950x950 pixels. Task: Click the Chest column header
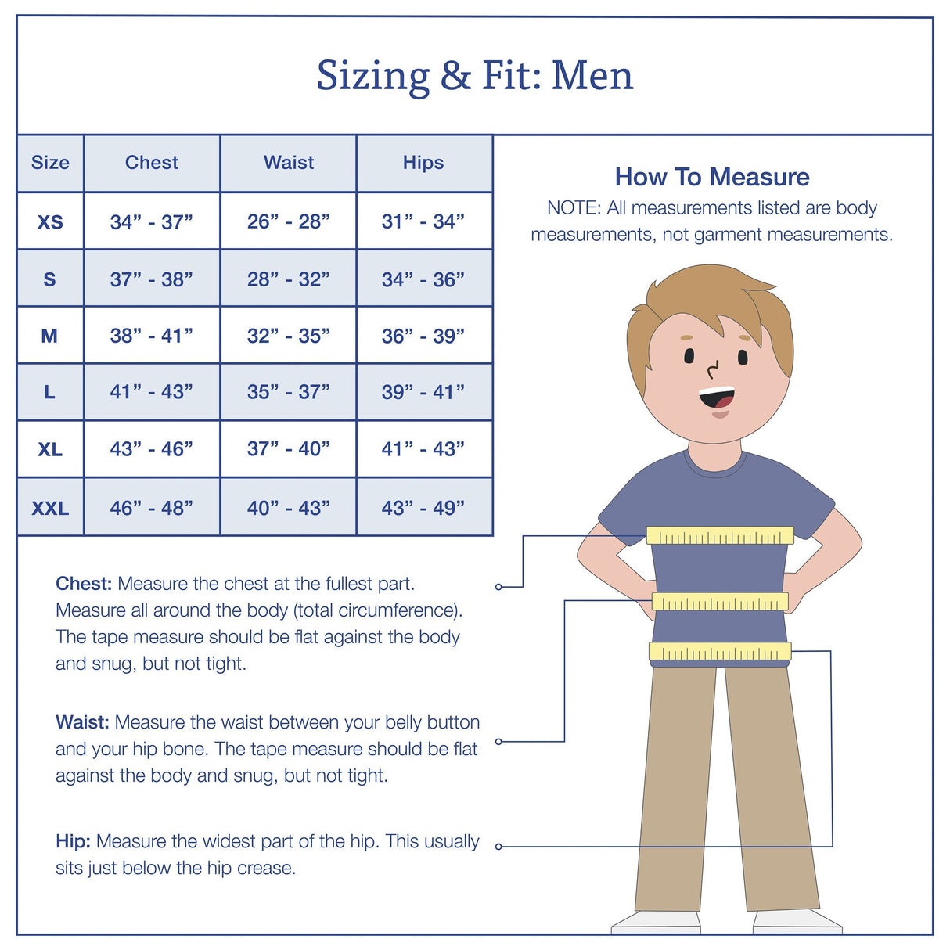click(152, 163)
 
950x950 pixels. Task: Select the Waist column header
click(289, 163)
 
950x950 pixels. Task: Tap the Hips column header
click(423, 163)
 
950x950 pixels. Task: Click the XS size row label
click(50, 222)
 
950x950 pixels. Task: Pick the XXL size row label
click(50, 509)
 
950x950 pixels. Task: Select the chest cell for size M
click(152, 336)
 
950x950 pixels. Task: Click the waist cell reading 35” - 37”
click(289, 392)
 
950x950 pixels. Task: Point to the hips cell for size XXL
click(423, 509)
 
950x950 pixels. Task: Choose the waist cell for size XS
click(289, 222)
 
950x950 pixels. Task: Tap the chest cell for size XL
click(152, 449)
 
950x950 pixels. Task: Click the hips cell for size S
click(423, 279)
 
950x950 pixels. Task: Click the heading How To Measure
click(711, 177)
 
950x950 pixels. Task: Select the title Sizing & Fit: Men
click(474, 76)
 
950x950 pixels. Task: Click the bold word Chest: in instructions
click(84, 584)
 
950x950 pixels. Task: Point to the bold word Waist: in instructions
click(82, 722)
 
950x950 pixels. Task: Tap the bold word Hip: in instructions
click(73, 841)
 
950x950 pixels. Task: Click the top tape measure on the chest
click(720, 536)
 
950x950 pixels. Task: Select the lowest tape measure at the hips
click(720, 652)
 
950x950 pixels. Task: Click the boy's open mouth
click(717, 398)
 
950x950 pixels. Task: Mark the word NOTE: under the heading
click(573, 208)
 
